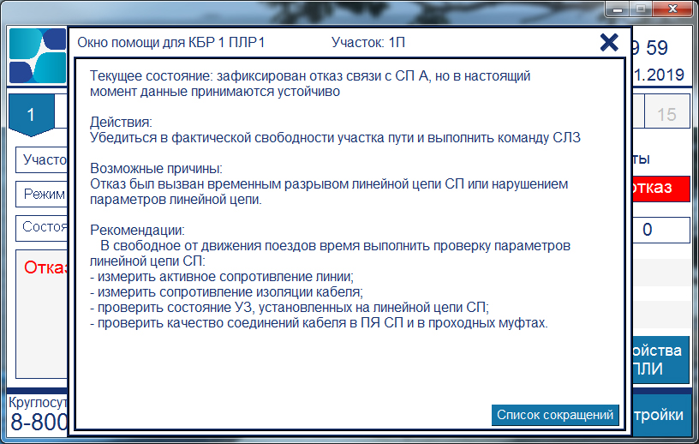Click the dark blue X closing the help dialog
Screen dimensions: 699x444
609,43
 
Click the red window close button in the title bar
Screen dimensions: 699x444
673,9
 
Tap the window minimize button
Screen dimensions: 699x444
618,9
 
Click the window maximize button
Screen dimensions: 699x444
641,9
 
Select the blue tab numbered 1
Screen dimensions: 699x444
31,115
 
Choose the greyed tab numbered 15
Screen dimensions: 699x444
667,115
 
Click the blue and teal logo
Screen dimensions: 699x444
38,56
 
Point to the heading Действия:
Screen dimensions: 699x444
121,122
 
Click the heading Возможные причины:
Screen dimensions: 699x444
156,168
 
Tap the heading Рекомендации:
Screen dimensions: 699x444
137,231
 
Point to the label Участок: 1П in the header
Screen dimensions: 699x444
368,42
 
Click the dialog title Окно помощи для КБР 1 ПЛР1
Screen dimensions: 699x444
171,42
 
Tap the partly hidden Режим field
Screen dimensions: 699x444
41,194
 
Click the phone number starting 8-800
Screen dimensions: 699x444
39,422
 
